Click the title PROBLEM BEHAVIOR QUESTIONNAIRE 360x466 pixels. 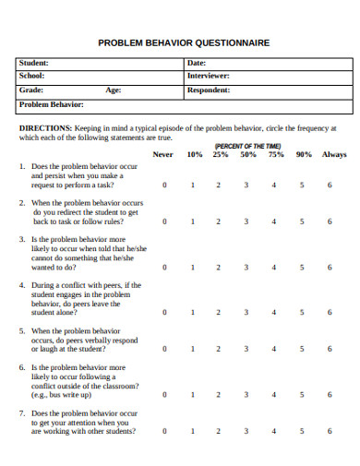click(184, 42)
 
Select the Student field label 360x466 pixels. click(33, 63)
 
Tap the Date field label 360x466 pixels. click(197, 63)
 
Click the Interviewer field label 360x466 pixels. click(209, 76)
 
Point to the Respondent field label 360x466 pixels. click(209, 90)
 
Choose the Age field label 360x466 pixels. click(113, 90)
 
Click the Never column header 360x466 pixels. click(162, 154)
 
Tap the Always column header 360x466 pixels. click(333, 154)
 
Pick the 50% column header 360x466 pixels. click(248, 154)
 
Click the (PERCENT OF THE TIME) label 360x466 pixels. click(248, 146)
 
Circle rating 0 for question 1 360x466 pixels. click(164, 185)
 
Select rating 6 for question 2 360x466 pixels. click(330, 221)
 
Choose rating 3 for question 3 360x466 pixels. click(246, 268)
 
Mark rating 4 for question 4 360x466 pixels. click(274, 312)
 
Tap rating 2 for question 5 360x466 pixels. click(219, 349)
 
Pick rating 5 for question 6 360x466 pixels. click(302, 394)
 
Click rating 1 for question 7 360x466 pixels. click(192, 431)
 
